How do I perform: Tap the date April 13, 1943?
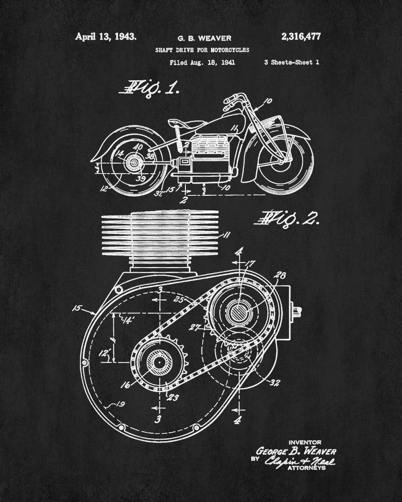[x=106, y=36]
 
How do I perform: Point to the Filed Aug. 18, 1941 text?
[x=203, y=63]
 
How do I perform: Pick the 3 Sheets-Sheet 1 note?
[x=291, y=63]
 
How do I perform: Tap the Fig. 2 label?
[x=286, y=218]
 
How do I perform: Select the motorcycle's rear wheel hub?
[x=134, y=163]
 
